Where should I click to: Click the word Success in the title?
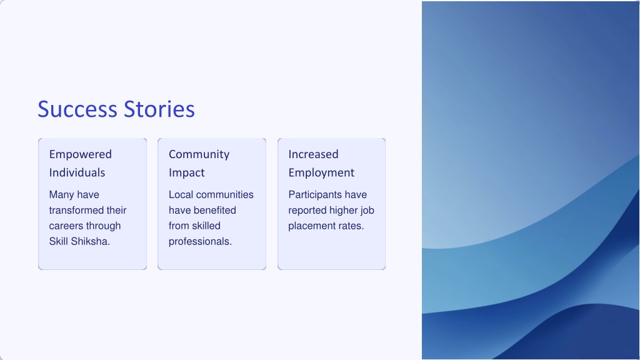pyautogui.click(x=77, y=109)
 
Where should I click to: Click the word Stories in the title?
pyautogui.click(x=159, y=109)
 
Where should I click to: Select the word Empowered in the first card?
pyautogui.click(x=81, y=154)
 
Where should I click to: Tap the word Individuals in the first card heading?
pyautogui.click(x=77, y=172)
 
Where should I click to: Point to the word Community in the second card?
pyautogui.click(x=199, y=154)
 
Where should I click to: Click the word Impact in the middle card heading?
pyautogui.click(x=186, y=172)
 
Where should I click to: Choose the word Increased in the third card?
pyautogui.click(x=314, y=154)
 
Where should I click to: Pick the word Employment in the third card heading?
pyautogui.click(x=321, y=172)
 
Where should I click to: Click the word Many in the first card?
pyautogui.click(x=62, y=195)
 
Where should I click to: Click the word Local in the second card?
pyautogui.click(x=181, y=195)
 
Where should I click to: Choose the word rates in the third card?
pyautogui.click(x=351, y=226)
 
